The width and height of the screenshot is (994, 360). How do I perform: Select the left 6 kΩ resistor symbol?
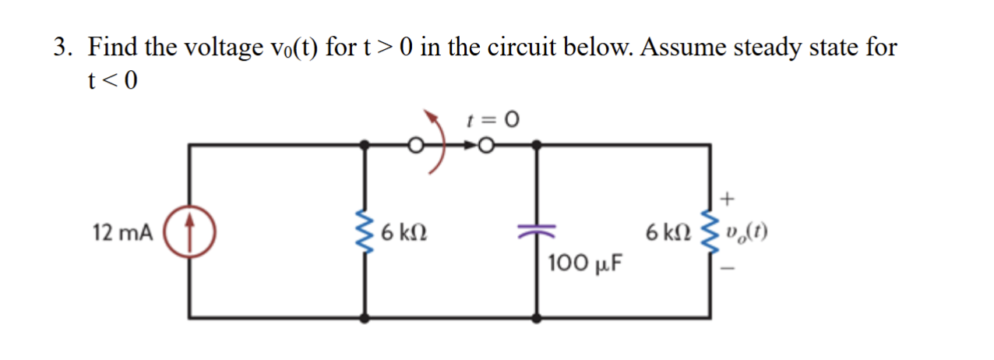coord(364,232)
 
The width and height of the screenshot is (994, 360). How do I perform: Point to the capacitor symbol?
coord(537,231)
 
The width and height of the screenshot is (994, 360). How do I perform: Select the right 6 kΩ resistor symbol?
coord(709,232)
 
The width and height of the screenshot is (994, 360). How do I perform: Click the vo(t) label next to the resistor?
coord(746,232)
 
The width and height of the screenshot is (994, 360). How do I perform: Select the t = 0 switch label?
coord(492,120)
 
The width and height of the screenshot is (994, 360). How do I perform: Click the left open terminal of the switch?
coord(418,145)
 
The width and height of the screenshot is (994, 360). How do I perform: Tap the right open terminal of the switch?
coord(487,145)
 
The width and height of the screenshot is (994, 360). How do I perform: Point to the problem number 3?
coord(63,48)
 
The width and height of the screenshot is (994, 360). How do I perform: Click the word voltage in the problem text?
coord(222,48)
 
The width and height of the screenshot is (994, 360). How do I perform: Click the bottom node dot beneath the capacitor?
coord(537,318)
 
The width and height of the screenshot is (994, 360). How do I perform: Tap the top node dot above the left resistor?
coord(364,144)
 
